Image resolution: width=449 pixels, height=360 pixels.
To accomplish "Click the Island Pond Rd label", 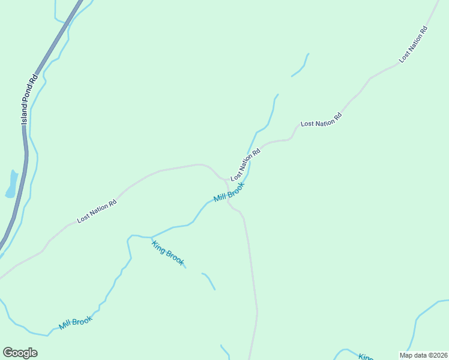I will pyautogui.click(x=28, y=100).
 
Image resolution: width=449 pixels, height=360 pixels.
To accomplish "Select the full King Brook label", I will pyautogui.click(x=169, y=253).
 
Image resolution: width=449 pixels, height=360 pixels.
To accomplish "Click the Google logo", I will pyautogui.click(x=20, y=353).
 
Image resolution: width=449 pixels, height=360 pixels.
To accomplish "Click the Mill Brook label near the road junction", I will pyautogui.click(x=229, y=193).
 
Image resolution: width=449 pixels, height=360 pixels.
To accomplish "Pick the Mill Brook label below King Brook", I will pyautogui.click(x=76, y=323).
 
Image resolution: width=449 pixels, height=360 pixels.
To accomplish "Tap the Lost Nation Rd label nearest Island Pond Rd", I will pyautogui.click(x=97, y=212).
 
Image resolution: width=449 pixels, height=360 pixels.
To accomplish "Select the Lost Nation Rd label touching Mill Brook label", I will pyautogui.click(x=246, y=164).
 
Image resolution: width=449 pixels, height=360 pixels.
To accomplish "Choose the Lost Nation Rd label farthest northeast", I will pyautogui.click(x=414, y=44).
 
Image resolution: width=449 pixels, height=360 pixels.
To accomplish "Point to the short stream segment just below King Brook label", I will pyautogui.click(x=209, y=281).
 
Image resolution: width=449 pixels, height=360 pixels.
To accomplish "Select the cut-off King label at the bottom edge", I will pyautogui.click(x=366, y=357).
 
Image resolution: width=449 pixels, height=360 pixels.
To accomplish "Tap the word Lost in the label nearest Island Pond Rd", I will pyautogui.click(x=83, y=219).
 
